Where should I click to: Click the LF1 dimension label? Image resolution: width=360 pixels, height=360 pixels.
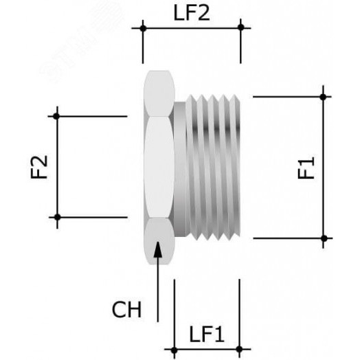click(206, 335)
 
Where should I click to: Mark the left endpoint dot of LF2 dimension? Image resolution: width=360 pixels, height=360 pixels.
click(143, 28)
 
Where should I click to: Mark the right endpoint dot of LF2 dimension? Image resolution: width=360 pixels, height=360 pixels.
click(240, 28)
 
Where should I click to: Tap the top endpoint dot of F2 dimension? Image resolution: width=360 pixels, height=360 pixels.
click(57, 116)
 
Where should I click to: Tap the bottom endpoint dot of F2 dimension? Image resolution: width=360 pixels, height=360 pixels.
click(57, 217)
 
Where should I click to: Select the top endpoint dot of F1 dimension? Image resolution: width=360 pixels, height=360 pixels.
click(324, 96)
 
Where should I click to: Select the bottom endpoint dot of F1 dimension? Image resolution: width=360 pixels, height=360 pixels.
click(324, 238)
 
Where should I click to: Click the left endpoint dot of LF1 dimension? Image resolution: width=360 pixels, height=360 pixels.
click(174, 351)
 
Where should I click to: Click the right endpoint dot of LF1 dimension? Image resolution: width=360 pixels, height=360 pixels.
click(239, 351)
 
